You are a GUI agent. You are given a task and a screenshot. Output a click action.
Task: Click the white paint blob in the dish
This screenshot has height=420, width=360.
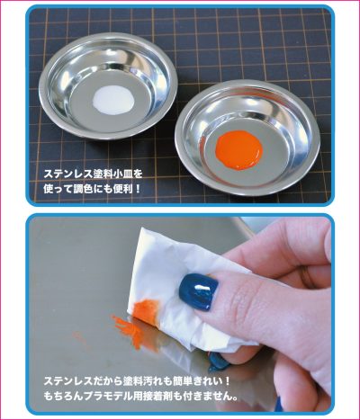pyautogui.click(x=113, y=100)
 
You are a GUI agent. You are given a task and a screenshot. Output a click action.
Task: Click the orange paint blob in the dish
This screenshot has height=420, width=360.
pyautogui.click(x=239, y=149)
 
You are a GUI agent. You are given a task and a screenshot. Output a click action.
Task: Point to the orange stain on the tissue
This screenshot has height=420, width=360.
pyautogui.click(x=146, y=308)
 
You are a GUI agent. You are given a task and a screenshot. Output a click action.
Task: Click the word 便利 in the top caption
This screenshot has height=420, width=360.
pyautogui.click(x=122, y=189)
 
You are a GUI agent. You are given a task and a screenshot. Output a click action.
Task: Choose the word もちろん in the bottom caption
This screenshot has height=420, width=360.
pyautogui.click(x=63, y=397)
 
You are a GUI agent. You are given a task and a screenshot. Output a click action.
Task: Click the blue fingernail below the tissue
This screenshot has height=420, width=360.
pyautogui.click(x=219, y=361)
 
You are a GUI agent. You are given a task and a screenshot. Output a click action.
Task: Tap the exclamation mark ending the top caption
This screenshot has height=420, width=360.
pyautogui.click(x=138, y=189)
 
